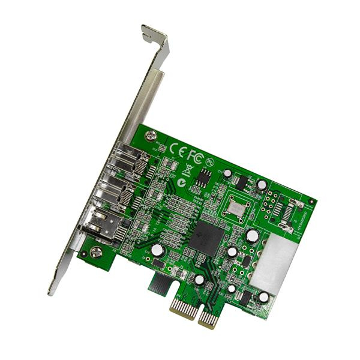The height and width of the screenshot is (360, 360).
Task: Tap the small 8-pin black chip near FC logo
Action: [x=205, y=176]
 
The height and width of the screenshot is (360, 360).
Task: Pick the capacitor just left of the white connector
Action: [x=251, y=236]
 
